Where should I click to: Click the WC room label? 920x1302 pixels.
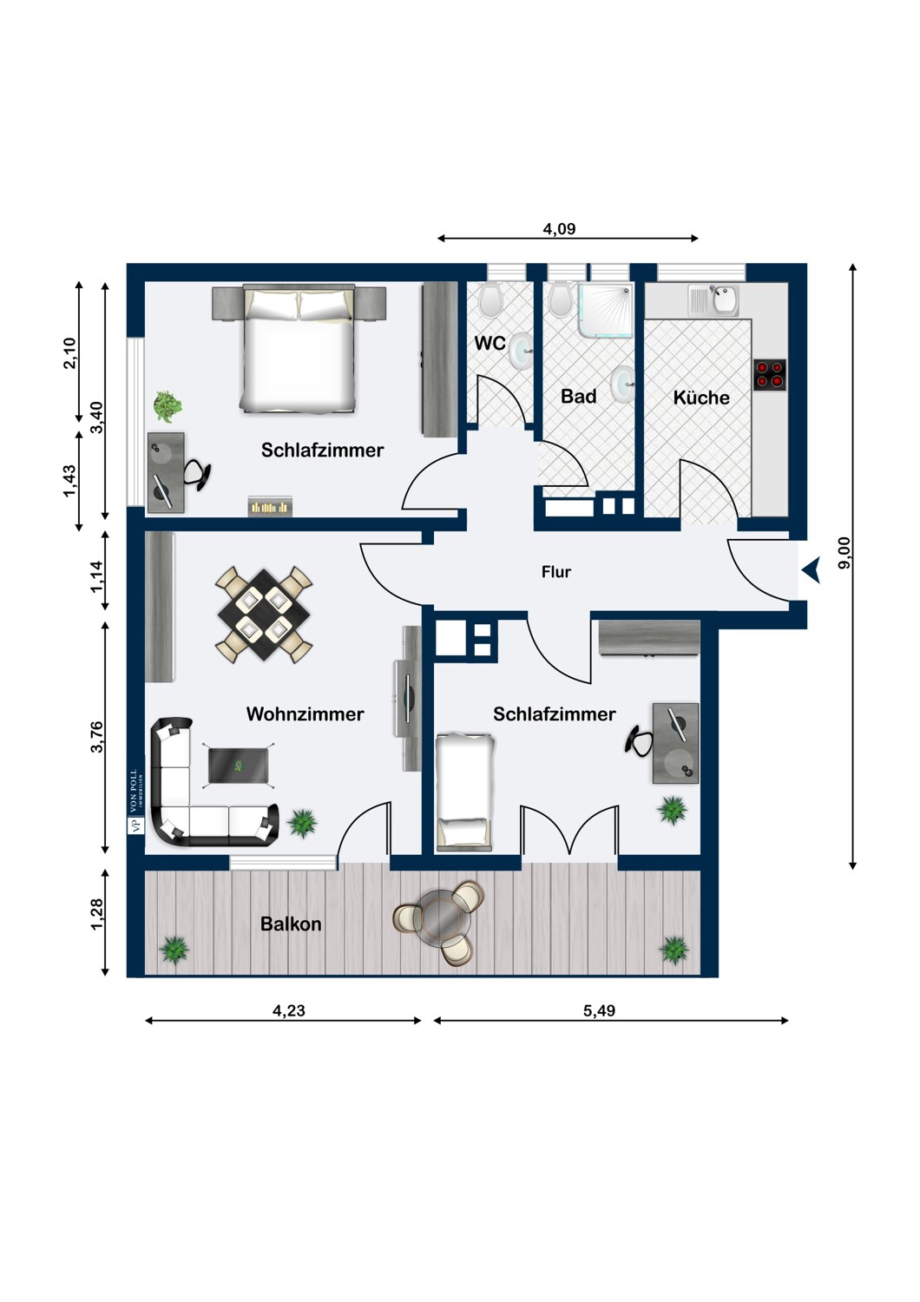[x=490, y=343]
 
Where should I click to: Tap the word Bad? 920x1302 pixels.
[x=578, y=397]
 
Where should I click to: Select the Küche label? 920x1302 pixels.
[x=701, y=397]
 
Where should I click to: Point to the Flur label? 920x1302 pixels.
[x=556, y=572]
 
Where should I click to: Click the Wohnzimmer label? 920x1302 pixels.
[x=306, y=713]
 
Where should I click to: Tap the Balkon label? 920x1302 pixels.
[x=291, y=924]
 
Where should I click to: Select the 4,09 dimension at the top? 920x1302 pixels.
[x=559, y=229]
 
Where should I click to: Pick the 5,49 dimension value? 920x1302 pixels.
[x=599, y=1011]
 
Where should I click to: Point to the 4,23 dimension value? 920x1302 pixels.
[x=289, y=1011]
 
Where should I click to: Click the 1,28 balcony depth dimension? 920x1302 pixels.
[x=96, y=914]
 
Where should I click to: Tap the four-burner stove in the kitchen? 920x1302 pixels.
[x=770, y=375]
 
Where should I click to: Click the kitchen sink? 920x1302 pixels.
[x=714, y=300]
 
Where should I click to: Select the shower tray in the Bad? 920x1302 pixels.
[x=606, y=309]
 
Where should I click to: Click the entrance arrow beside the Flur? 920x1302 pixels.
[x=812, y=570]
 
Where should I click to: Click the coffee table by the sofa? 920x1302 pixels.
[x=238, y=766]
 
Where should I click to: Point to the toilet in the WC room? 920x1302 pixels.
[x=491, y=299]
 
